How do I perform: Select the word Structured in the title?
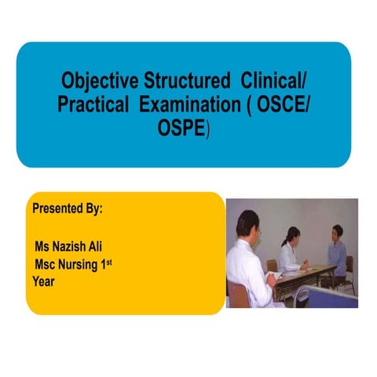point(180,80)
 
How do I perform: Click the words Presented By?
point(68,210)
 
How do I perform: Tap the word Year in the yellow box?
point(44,281)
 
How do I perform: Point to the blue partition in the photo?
point(330,296)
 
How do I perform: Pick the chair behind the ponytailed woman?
point(271,265)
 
